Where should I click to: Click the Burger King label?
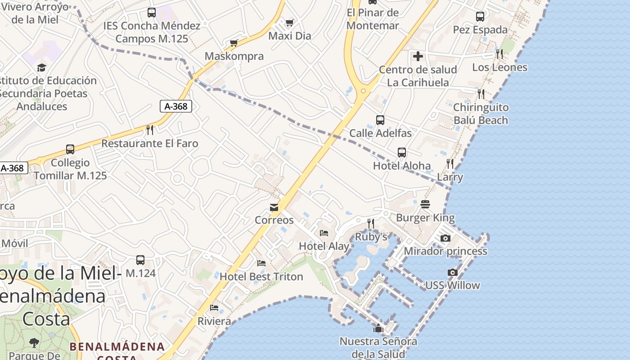pyautogui.click(x=425, y=218)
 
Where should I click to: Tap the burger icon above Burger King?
pyautogui.click(x=425, y=204)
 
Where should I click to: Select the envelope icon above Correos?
pyautogui.click(x=274, y=207)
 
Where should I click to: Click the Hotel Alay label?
pyautogui.click(x=324, y=246)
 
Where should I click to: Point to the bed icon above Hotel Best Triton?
pyautogui.click(x=261, y=263)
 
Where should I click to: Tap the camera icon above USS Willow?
pyautogui.click(x=453, y=272)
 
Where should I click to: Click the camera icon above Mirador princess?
pyautogui.click(x=445, y=238)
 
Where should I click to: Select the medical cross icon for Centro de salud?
pyautogui.click(x=418, y=56)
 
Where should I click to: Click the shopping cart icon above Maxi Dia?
pyautogui.click(x=290, y=22)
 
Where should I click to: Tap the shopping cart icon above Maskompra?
pyautogui.click(x=234, y=43)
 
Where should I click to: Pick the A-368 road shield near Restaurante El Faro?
pyautogui.click(x=176, y=106)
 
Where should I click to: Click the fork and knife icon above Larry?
pyautogui.click(x=450, y=163)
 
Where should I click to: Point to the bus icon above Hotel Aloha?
pyautogui.click(x=402, y=153)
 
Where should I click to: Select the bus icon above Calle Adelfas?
pyautogui.click(x=380, y=120)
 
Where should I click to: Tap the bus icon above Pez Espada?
pyautogui.click(x=480, y=17)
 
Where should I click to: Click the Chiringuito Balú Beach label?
pyautogui.click(x=481, y=114)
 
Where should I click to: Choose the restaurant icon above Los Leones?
pyautogui.click(x=499, y=54)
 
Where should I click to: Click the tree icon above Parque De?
pyautogui.click(x=34, y=343)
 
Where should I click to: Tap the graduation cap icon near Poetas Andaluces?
pyautogui.click(x=41, y=67)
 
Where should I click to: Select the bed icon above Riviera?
pyautogui.click(x=214, y=308)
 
